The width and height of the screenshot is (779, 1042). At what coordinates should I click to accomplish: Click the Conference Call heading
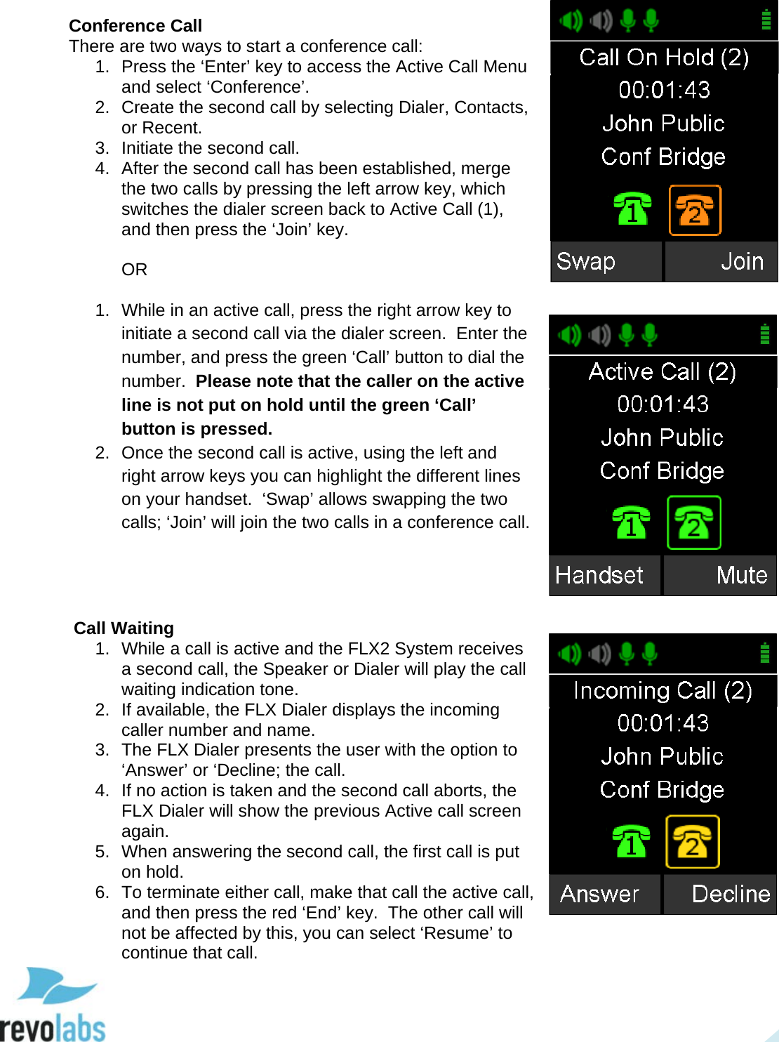(x=135, y=26)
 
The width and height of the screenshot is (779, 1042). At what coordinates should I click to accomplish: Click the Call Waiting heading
(x=124, y=628)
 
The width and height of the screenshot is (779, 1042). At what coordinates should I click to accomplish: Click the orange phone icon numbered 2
(x=695, y=210)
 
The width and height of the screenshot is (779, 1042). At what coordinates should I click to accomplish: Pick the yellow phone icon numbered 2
(x=693, y=841)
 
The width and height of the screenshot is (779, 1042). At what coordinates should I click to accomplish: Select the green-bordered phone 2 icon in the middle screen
(x=693, y=522)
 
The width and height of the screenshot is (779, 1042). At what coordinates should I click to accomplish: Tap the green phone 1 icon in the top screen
(x=632, y=209)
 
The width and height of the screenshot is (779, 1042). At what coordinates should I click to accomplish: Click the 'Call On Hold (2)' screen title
(x=664, y=57)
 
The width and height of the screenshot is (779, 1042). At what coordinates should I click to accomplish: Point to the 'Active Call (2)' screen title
(x=663, y=371)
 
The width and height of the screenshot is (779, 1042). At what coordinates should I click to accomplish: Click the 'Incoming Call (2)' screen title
(x=663, y=690)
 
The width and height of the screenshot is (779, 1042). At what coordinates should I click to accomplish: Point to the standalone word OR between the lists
(x=134, y=270)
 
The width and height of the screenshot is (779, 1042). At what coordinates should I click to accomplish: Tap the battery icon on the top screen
(x=766, y=20)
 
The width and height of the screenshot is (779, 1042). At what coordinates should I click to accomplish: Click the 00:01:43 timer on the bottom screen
(x=663, y=723)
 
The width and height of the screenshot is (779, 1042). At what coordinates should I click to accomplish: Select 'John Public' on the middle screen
(x=663, y=437)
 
